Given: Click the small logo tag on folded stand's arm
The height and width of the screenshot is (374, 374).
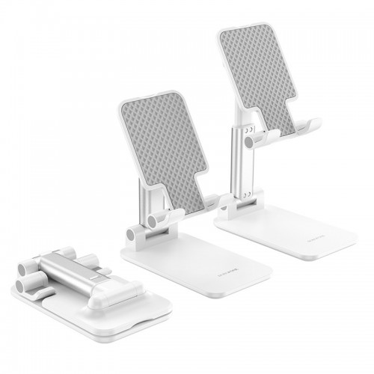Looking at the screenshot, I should [x=96, y=278].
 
